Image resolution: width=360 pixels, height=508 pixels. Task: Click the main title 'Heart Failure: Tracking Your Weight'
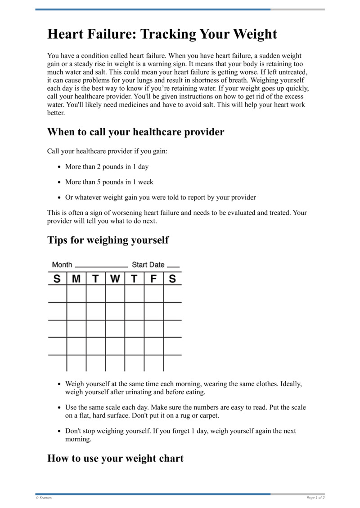(162, 34)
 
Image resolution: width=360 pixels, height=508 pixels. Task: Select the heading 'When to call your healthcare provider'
(135, 132)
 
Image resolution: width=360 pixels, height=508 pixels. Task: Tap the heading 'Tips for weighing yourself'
(108, 240)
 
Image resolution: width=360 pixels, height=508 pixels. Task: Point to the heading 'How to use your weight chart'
(115, 459)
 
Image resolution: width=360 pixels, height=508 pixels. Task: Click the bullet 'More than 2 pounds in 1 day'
(107, 167)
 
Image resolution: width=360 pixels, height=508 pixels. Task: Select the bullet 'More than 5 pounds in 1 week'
(109, 182)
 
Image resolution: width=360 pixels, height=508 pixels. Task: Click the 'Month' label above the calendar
(62, 265)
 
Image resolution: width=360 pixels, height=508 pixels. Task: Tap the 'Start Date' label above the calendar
(148, 265)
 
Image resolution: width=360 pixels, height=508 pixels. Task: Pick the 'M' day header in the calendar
(76, 279)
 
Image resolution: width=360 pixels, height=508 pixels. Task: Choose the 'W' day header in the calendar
(115, 279)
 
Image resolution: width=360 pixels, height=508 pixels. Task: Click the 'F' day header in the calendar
(153, 279)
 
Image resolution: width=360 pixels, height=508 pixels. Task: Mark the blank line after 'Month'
(101, 267)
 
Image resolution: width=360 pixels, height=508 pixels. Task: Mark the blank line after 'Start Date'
(173, 267)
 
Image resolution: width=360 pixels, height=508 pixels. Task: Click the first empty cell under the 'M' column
(76, 294)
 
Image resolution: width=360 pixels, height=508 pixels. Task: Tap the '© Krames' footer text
(44, 498)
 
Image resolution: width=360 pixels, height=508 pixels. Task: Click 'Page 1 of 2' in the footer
(315, 498)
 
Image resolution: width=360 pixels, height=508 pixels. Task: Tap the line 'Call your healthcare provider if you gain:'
(107, 152)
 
